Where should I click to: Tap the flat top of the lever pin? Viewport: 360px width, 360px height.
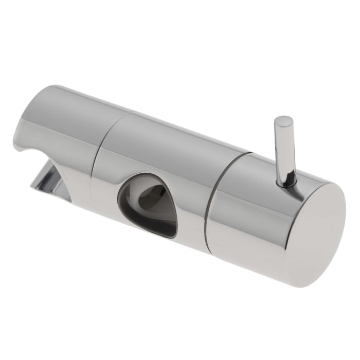coord(284,122)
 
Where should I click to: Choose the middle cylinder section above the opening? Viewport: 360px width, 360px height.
coord(165,149)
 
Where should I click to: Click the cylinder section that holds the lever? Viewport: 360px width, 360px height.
coord(247,206)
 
